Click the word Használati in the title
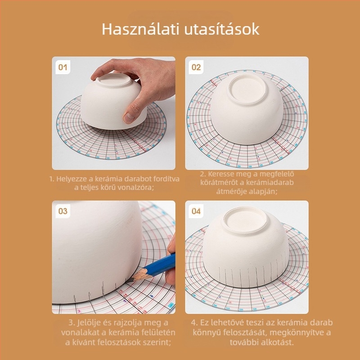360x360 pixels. click(x=140, y=29)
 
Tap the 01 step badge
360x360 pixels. click(x=63, y=67)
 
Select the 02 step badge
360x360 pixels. click(x=196, y=67)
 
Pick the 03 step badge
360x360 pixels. click(x=63, y=211)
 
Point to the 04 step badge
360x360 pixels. click(x=196, y=211)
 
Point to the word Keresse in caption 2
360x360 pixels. click(x=222, y=174)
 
